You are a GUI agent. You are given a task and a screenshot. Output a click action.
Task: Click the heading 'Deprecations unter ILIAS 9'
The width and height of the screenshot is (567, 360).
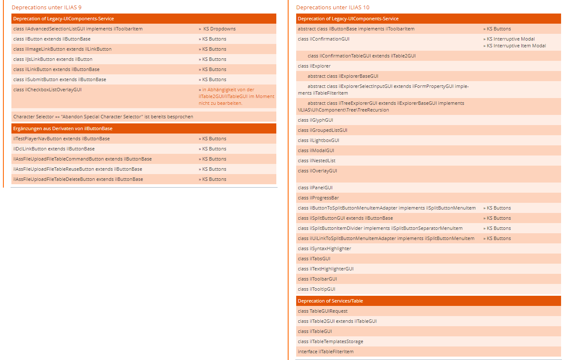coord(46,7)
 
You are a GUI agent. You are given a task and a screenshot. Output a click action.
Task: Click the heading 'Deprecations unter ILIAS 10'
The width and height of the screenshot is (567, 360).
coord(333,7)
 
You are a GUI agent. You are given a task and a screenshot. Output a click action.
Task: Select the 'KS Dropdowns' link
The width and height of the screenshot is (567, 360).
coord(219,29)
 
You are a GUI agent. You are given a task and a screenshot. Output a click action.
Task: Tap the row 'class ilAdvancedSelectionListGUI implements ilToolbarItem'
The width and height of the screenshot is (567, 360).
coord(78,29)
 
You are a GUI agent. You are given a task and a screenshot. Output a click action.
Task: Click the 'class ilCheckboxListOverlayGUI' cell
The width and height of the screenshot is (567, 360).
coord(47,90)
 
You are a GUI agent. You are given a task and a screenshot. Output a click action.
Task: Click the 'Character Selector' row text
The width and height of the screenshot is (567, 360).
coord(103,117)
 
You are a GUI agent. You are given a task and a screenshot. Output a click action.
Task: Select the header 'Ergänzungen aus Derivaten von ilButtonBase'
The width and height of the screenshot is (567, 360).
coord(63,128)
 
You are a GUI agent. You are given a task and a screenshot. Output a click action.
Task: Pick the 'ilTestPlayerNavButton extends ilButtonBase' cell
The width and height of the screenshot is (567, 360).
coord(61,139)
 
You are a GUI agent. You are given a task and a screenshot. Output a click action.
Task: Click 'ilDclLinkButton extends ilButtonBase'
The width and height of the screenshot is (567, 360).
coord(54,149)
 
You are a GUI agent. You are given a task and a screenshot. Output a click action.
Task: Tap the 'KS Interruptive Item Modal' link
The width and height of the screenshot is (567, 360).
coord(516,46)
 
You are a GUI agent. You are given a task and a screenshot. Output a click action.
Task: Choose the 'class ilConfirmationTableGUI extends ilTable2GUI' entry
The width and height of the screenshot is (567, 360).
coord(362,56)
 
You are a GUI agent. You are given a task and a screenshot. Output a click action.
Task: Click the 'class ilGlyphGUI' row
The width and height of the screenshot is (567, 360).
coord(315,120)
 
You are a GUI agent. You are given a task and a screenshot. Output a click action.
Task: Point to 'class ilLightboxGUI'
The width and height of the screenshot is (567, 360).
coord(318,140)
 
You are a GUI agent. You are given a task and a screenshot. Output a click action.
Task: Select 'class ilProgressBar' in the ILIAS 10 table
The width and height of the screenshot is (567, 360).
coord(318,198)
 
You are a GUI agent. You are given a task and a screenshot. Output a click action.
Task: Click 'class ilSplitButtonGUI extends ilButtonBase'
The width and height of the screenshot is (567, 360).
coord(345,218)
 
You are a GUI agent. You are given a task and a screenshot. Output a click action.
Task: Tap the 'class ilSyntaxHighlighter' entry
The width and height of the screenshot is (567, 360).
coord(324,248)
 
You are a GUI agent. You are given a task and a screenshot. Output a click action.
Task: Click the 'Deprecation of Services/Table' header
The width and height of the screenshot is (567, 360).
coord(330,301)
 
